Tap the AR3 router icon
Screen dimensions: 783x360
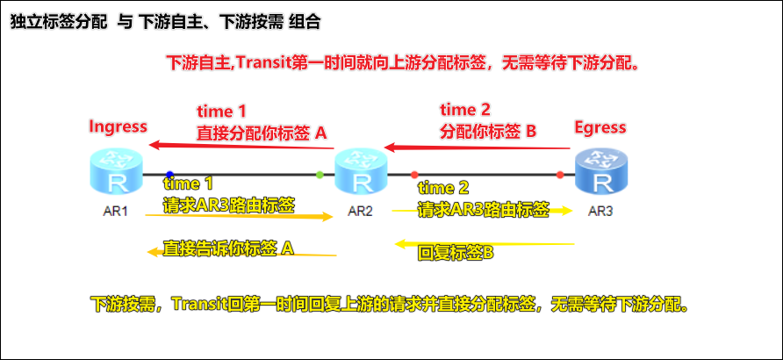click(x=602, y=172)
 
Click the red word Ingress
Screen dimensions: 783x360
click(x=118, y=126)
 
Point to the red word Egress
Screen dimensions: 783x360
click(x=600, y=127)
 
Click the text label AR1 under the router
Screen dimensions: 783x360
click(x=115, y=212)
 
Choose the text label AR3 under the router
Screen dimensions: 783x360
click(x=602, y=212)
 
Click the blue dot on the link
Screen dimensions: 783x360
click(x=169, y=175)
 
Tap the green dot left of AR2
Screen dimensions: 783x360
click(x=320, y=176)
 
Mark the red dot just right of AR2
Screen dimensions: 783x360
click(x=414, y=176)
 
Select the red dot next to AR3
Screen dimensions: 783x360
click(x=560, y=176)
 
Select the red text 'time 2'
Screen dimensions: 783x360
click(x=465, y=110)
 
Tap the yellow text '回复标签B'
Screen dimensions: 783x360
click(x=456, y=253)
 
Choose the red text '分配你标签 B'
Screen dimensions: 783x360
click(x=488, y=131)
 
